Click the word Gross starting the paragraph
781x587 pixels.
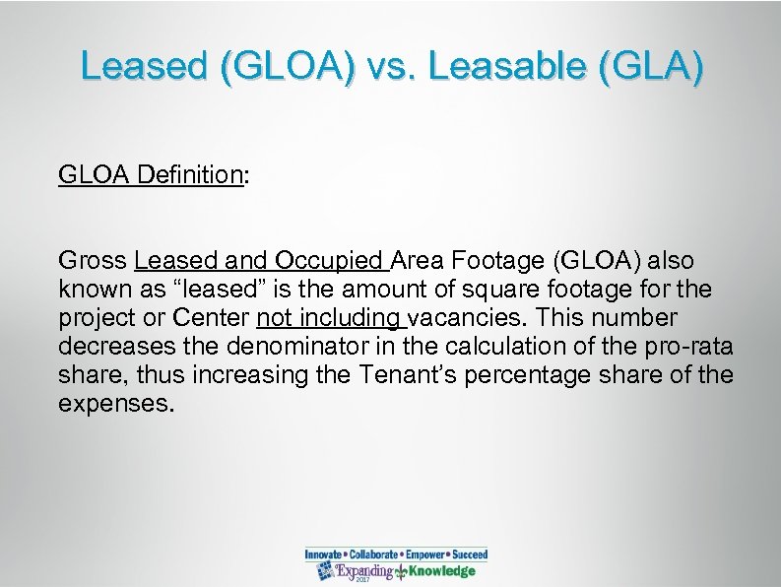[x=94, y=263]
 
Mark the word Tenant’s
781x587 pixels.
[x=398, y=373]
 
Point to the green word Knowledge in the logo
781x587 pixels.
[x=442, y=571]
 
